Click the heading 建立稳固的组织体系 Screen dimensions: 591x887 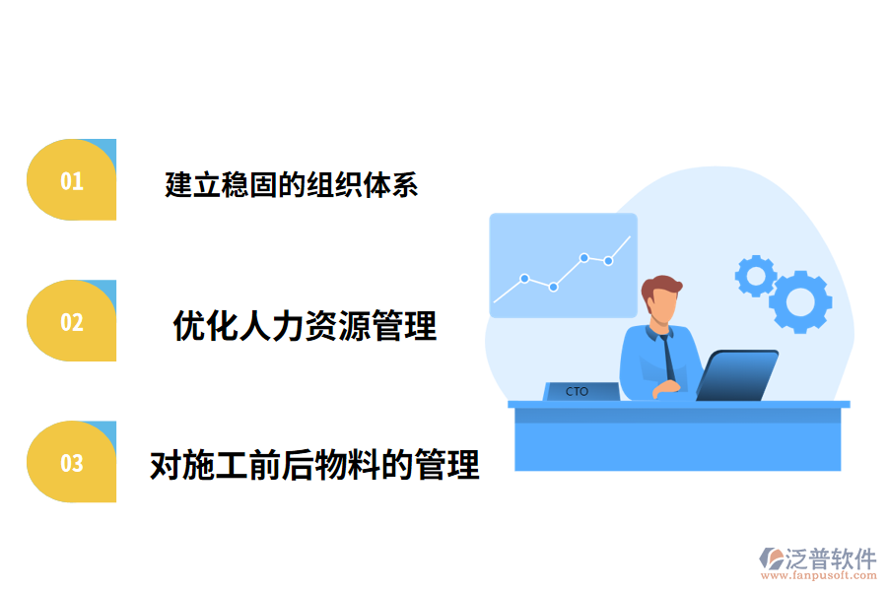pyautogui.click(x=292, y=184)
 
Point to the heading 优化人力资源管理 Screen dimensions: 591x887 pyautogui.click(x=305, y=325)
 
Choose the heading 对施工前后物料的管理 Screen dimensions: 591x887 pyautogui.click(x=314, y=464)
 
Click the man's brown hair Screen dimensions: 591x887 pyautogui.click(x=661, y=289)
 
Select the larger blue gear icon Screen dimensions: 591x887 pyautogui.click(x=800, y=300)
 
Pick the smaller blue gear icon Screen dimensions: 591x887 pyautogui.click(x=756, y=276)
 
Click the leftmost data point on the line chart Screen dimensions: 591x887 pyautogui.click(x=524, y=279)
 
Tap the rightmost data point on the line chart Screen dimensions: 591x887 pyautogui.click(x=608, y=261)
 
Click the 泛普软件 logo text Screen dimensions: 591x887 pyautogui.click(x=830, y=559)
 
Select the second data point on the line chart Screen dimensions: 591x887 pyautogui.click(x=554, y=287)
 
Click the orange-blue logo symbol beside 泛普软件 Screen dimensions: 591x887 pyautogui.click(x=771, y=558)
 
